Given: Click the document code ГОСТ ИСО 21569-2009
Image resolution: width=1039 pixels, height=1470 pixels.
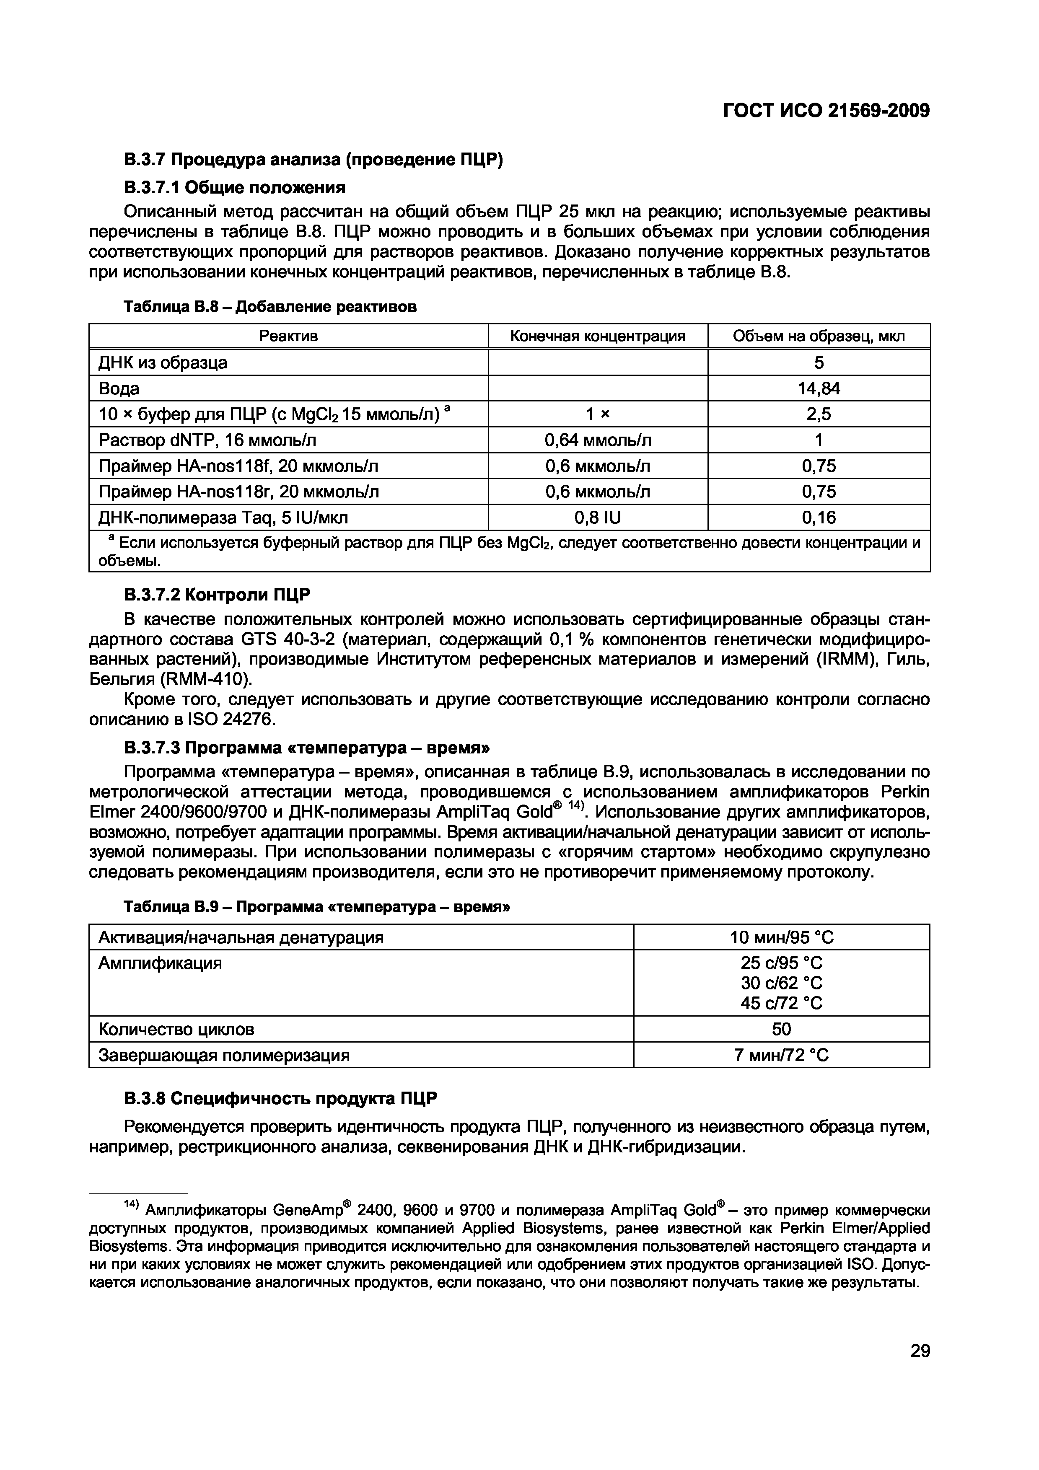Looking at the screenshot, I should [x=826, y=111].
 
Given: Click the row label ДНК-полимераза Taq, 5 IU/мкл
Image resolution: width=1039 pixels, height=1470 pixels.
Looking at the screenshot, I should [x=223, y=518].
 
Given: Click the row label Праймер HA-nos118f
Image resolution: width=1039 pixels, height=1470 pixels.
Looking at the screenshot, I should [x=238, y=466].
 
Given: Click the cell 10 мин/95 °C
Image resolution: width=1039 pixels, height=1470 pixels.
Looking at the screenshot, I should [x=782, y=938].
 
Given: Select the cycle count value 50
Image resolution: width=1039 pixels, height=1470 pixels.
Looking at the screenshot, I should [x=782, y=1029].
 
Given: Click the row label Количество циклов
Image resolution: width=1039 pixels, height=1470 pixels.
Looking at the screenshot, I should [x=176, y=1029].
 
